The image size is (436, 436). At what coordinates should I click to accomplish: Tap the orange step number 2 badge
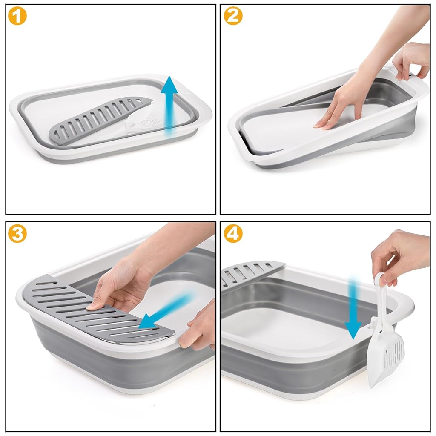pos(233,16)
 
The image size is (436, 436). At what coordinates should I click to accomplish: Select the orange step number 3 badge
pos(17,233)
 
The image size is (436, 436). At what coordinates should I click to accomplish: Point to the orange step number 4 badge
pos(233,233)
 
